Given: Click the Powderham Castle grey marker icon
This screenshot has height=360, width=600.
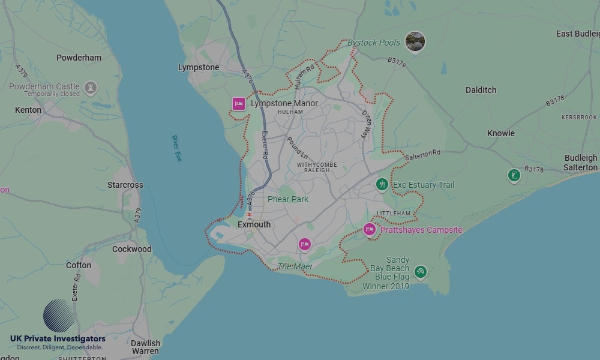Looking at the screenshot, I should pyautogui.click(x=91, y=88).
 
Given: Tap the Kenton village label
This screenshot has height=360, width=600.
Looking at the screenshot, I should pyautogui.click(x=28, y=110).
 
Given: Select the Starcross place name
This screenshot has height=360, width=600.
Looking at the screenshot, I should pyautogui.click(x=125, y=185).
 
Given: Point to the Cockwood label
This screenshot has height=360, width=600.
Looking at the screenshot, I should pyautogui.click(x=131, y=249).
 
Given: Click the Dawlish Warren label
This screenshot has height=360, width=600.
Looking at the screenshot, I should pyautogui.click(x=145, y=347).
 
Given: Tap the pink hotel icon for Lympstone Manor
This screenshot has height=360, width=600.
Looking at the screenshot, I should pyautogui.click(x=239, y=104).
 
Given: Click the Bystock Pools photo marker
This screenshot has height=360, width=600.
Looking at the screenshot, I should pyautogui.click(x=415, y=41).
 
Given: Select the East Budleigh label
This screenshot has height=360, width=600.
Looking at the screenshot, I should pyautogui.click(x=577, y=34).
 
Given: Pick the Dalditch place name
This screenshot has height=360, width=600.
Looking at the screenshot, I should pyautogui.click(x=481, y=90).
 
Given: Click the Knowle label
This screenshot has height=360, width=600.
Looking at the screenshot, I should pyautogui.click(x=500, y=133).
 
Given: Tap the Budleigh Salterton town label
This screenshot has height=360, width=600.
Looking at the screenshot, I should pyautogui.click(x=581, y=163).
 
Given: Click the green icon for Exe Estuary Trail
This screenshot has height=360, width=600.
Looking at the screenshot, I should pyautogui.click(x=382, y=185).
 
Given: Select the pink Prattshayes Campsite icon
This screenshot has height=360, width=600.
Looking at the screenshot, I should pyautogui.click(x=369, y=230).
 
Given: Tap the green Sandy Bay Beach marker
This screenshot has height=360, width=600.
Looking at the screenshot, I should pyautogui.click(x=421, y=272).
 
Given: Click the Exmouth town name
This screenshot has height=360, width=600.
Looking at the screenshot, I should pyautogui.click(x=254, y=224).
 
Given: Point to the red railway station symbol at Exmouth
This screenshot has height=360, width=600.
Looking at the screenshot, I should pyautogui.click(x=248, y=214).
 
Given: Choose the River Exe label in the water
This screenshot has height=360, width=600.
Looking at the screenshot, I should pyautogui.click(x=176, y=148).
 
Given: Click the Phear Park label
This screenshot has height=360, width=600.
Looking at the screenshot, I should pyautogui.click(x=287, y=199).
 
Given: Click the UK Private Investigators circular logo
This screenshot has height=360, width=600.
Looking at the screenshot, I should pyautogui.click(x=59, y=316).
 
